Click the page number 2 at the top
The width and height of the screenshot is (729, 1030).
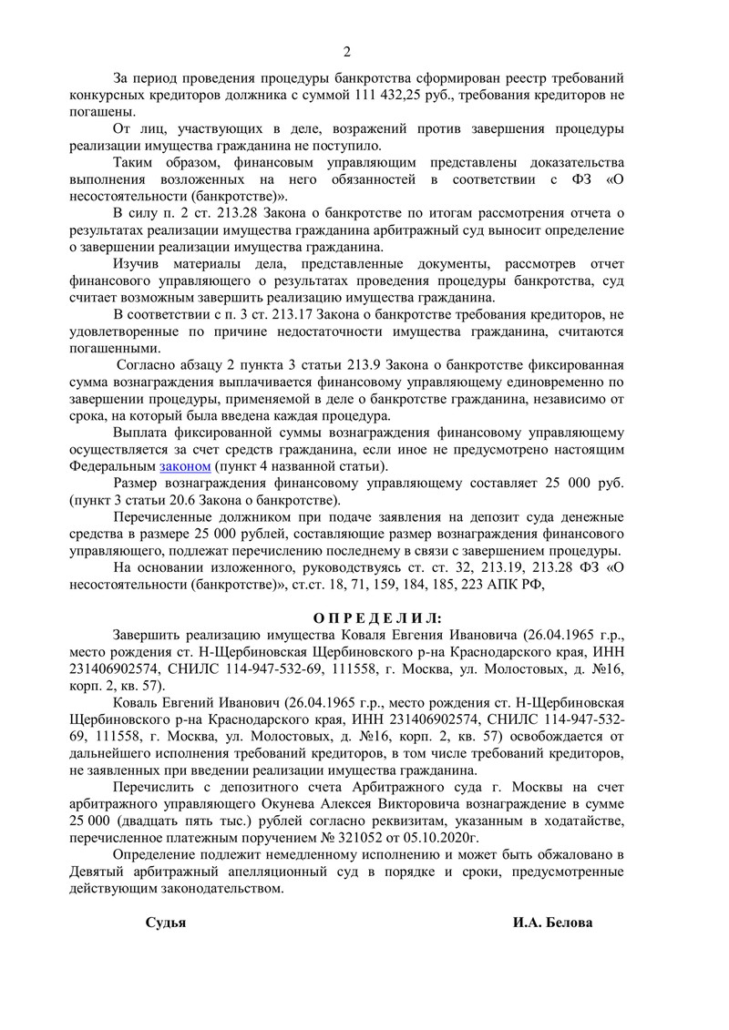pos(346,51)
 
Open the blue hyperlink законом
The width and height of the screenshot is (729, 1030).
pos(185,465)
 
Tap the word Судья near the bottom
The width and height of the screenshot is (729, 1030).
pos(166,923)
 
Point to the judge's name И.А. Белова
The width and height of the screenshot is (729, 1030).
pos(552,923)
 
